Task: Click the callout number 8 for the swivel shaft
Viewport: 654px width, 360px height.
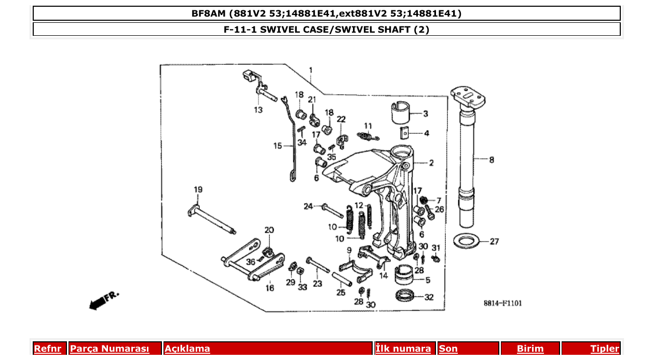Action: click(x=492, y=160)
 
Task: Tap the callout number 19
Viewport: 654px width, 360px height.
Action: click(x=198, y=189)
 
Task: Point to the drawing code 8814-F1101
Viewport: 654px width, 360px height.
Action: click(x=502, y=303)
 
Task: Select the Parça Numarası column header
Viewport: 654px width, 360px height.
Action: click(x=110, y=349)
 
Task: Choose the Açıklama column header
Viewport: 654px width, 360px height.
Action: click(x=187, y=349)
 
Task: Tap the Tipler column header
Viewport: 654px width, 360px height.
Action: click(x=604, y=349)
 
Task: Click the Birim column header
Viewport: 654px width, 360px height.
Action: click(x=530, y=349)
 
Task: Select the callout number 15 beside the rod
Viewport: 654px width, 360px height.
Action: click(x=278, y=146)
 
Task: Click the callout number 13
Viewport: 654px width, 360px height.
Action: click(x=258, y=110)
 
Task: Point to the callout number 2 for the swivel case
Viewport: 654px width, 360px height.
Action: click(x=431, y=163)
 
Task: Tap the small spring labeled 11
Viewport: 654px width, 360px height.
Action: click(x=367, y=136)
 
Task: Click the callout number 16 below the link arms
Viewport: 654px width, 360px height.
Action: click(x=270, y=288)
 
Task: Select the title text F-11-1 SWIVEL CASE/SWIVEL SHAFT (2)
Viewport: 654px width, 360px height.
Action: click(x=326, y=30)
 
